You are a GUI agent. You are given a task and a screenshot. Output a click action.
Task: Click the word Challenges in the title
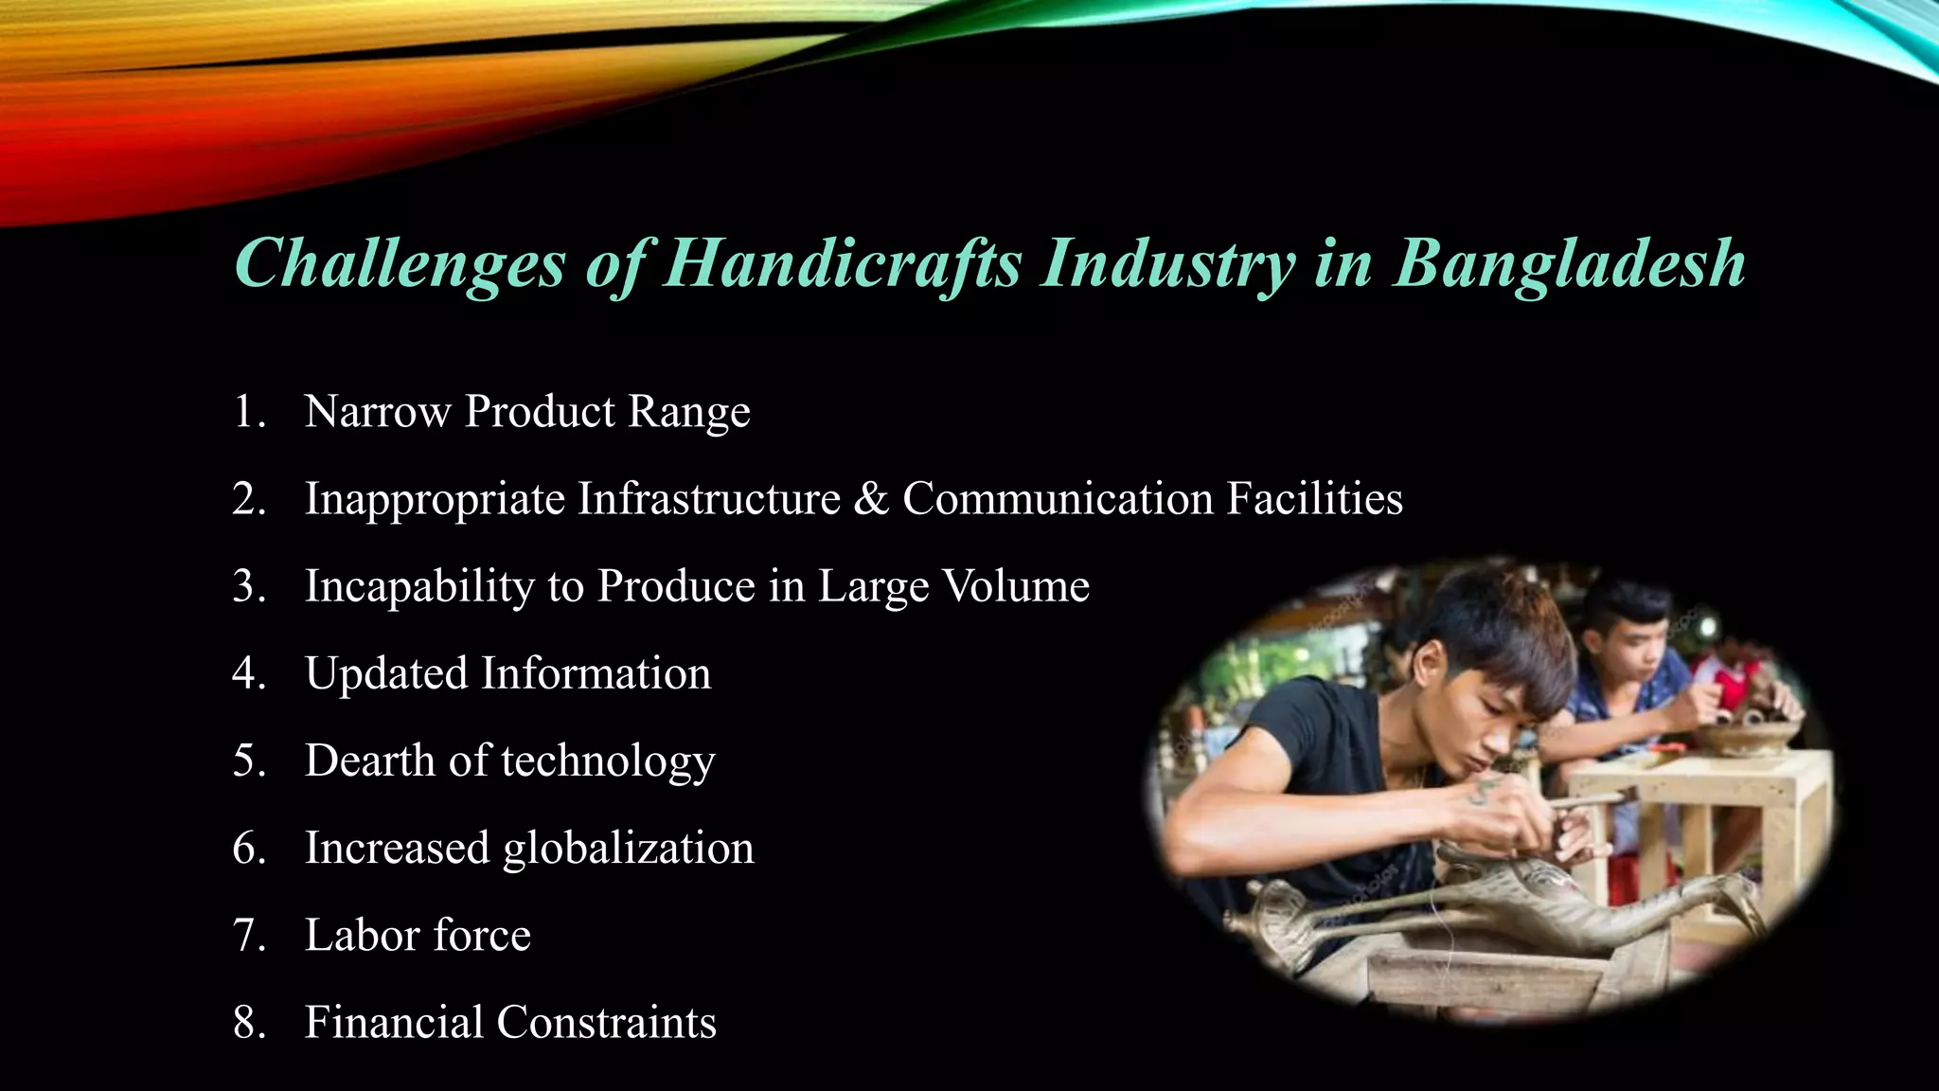(399, 263)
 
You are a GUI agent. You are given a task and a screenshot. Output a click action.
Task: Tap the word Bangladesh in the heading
(1570, 263)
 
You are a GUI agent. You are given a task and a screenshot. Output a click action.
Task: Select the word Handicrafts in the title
(842, 263)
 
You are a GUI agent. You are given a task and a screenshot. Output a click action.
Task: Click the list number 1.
(248, 412)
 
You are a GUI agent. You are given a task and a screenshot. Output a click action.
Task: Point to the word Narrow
(377, 412)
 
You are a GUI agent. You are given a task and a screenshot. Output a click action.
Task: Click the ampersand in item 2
(870, 499)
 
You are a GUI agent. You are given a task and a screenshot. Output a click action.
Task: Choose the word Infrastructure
(708, 499)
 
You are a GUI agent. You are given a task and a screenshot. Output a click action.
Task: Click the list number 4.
(248, 673)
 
